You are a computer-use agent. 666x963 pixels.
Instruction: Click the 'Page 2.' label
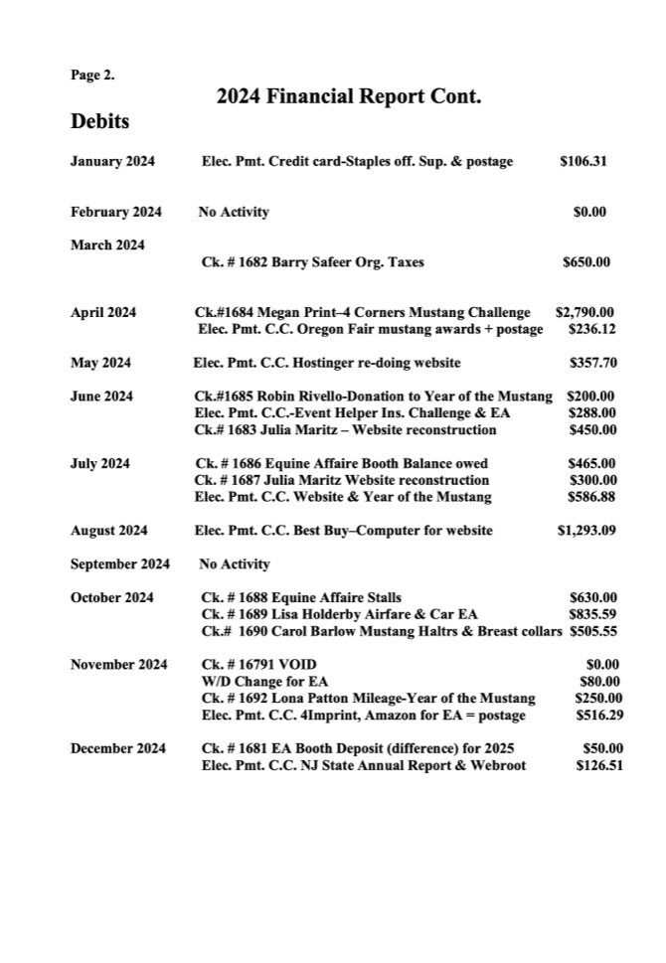point(92,75)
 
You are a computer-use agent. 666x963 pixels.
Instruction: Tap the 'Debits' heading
point(99,123)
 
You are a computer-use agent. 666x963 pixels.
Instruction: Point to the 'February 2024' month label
point(114,212)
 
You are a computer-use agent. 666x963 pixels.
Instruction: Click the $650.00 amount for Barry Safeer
point(586,262)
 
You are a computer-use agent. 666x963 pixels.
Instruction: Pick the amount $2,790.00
point(584,312)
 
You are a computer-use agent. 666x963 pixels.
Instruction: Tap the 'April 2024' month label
point(103,312)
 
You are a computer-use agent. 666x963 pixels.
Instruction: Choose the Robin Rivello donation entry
point(374,397)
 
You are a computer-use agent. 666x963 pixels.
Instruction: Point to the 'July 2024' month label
point(101,463)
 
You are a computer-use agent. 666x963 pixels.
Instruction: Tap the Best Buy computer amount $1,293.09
point(586,531)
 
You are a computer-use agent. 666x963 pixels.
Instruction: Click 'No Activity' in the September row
point(235,564)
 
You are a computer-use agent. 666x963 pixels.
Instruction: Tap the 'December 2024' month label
point(115,747)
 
